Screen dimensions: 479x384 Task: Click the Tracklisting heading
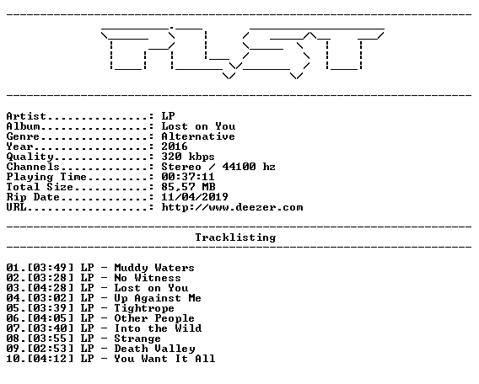[235, 237]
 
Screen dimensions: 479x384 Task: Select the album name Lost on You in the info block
[198, 126]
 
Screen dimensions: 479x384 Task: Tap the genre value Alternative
[198, 136]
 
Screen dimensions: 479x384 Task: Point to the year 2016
[175, 147]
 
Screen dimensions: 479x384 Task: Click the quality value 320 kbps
[188, 157]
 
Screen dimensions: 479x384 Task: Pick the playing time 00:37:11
[188, 177]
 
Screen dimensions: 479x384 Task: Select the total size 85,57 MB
[189, 187]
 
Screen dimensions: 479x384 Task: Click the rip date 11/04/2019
[195, 197]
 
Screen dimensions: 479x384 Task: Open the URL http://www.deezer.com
[232, 207]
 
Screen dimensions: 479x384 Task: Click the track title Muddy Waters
[154, 268]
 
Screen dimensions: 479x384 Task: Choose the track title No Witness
[148, 278]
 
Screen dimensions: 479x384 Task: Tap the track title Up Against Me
[158, 298]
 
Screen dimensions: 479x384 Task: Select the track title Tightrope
[144, 308]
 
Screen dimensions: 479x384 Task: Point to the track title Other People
[154, 318]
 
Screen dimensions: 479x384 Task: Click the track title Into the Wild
[158, 328]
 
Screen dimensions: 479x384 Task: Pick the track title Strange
[137, 339]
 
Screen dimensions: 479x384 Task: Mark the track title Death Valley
[154, 349]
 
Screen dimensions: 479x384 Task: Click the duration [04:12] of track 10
[51, 359]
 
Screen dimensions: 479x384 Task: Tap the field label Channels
[33, 167]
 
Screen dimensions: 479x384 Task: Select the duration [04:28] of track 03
[51, 288]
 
